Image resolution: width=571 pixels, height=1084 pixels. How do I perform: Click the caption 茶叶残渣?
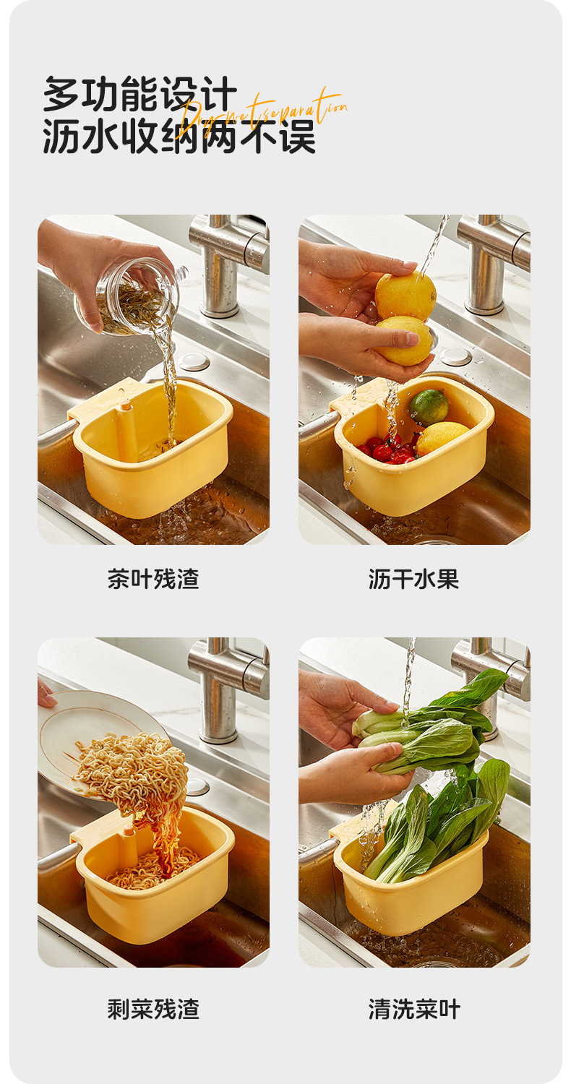[x=153, y=579]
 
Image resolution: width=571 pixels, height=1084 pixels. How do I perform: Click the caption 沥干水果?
[x=413, y=579]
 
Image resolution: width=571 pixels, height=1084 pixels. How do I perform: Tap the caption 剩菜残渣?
[x=153, y=1009]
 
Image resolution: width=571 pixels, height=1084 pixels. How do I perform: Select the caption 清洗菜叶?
[x=413, y=1009]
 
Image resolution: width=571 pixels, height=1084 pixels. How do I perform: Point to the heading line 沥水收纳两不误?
[x=179, y=137]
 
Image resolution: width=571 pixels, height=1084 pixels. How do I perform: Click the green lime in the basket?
[x=429, y=407]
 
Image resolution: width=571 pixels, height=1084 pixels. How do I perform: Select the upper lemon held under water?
[x=405, y=295]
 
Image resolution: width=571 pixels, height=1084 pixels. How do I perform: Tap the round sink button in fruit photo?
[x=456, y=356]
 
